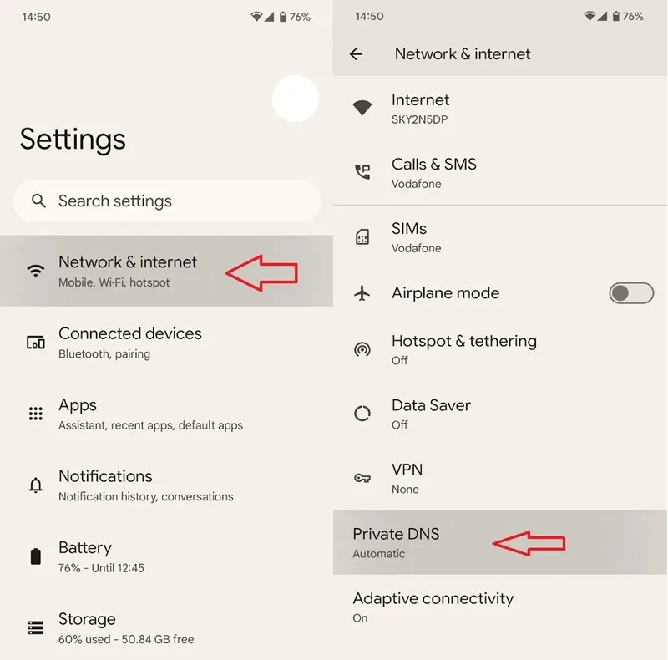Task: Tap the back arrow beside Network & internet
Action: click(357, 54)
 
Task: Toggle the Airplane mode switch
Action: click(631, 293)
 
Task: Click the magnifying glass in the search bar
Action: click(38, 201)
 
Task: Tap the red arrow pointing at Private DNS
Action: click(529, 543)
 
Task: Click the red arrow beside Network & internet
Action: click(261, 273)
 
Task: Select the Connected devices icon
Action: click(36, 343)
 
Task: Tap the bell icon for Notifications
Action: click(36, 485)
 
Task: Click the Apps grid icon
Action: click(36, 414)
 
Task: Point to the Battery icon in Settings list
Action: click(36, 556)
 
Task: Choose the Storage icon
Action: click(36, 627)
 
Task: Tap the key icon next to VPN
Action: click(362, 478)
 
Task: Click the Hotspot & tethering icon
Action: click(362, 349)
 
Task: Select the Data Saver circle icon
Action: click(362, 414)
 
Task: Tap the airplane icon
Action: click(362, 293)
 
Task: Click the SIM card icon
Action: click(362, 236)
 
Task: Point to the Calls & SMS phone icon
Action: click(362, 172)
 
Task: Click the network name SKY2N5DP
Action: click(420, 119)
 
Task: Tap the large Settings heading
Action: click(73, 140)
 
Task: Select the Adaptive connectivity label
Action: click(433, 598)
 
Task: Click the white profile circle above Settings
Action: click(296, 99)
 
